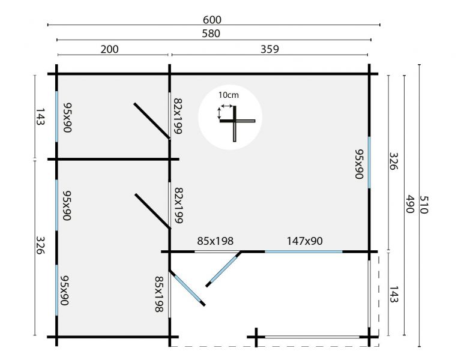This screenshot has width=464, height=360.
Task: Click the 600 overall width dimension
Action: tap(213, 19)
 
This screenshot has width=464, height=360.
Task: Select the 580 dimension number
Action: tap(213, 34)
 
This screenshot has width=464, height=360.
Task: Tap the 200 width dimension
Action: tap(109, 49)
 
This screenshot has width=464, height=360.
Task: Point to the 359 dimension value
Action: tap(270, 49)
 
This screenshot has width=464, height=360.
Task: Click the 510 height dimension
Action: tap(424, 205)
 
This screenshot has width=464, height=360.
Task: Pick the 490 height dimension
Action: tap(409, 205)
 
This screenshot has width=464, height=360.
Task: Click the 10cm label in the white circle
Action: tap(228, 95)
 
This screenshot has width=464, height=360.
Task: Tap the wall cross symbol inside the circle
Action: tap(235, 122)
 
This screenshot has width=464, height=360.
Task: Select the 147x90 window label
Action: tap(304, 241)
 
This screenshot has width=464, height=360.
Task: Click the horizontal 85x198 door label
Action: tap(215, 241)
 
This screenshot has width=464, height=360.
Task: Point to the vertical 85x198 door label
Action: tap(158, 295)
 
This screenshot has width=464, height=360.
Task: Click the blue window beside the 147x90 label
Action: tap(304, 251)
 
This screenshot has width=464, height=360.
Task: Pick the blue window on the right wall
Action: tap(370, 163)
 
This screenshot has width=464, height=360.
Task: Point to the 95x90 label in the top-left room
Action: tap(67, 118)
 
